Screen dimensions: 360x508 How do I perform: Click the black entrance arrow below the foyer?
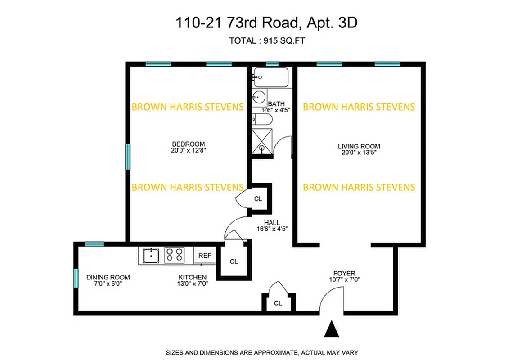333,329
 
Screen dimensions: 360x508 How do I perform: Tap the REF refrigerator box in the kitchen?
205,256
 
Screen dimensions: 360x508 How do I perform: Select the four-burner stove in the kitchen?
174,256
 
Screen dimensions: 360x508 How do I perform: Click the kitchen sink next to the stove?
150,256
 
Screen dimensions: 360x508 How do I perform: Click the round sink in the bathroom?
259,97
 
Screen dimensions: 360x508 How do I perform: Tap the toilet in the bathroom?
261,119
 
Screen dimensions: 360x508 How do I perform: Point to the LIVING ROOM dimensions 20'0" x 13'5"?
359,153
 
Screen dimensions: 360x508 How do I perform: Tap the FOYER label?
344,273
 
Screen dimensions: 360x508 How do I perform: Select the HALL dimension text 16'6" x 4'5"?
272,229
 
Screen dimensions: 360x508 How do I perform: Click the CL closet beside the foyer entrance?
278,303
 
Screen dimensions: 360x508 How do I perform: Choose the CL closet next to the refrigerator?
234,261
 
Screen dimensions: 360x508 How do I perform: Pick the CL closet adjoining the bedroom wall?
257,198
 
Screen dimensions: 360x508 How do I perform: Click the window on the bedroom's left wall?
128,156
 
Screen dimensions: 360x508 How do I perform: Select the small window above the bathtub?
272,64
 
